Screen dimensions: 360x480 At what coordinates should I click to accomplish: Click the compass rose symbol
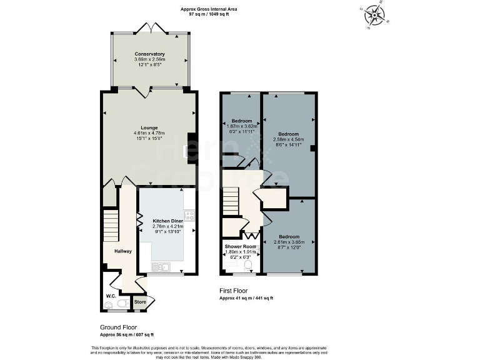coord(375,15)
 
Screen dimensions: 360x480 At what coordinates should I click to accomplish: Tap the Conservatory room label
coord(149,54)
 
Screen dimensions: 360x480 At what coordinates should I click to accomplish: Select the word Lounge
coord(149,127)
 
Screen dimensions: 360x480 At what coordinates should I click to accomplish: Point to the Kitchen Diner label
coord(166,221)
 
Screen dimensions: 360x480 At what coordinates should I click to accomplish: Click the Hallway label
coord(123,251)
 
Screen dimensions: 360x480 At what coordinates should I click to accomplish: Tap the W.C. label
coord(111,296)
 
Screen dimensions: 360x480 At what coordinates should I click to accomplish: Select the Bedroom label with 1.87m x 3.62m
coord(242,121)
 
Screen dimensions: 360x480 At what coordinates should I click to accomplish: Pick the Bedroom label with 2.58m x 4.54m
coord(288,134)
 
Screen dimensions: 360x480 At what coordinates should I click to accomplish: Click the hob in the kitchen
coord(189,216)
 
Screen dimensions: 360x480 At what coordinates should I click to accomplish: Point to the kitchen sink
coord(159,267)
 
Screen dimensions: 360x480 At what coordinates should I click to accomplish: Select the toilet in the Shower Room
coord(248,266)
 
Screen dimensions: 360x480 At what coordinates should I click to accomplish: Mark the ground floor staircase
coord(111,226)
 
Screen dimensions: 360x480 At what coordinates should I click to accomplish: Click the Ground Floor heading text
coord(119,327)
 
